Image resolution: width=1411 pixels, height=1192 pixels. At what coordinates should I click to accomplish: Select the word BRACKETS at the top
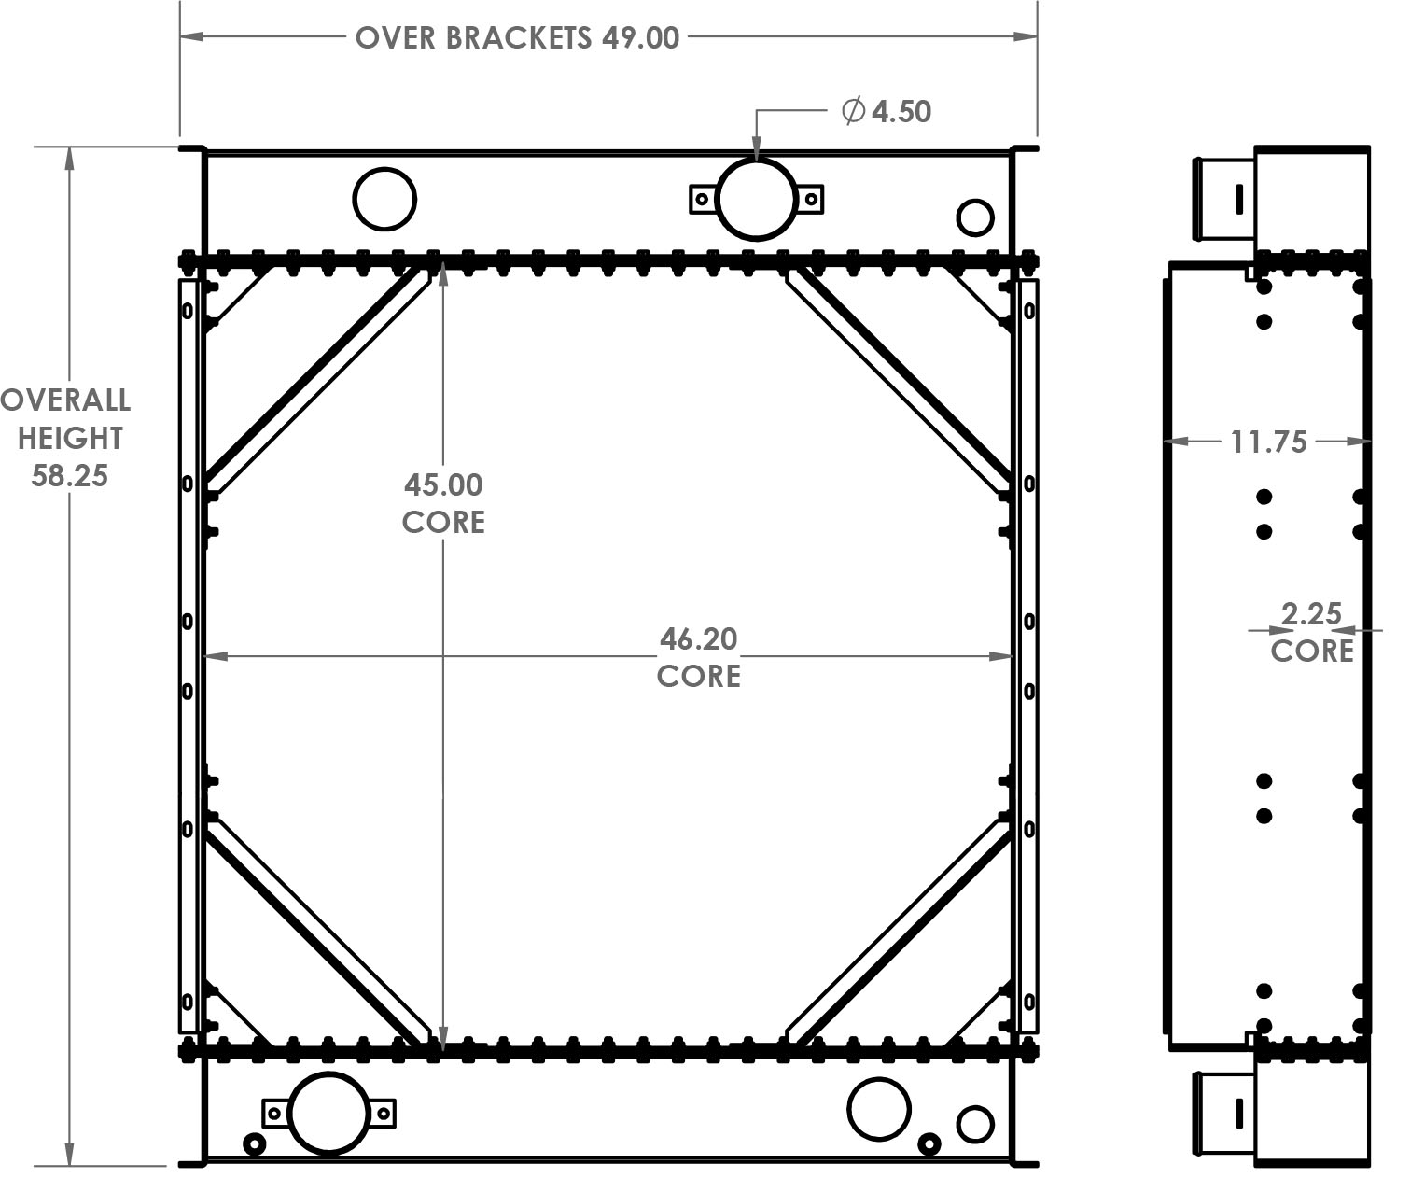(x=518, y=38)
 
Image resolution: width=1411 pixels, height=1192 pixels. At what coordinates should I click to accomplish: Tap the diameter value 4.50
(x=901, y=112)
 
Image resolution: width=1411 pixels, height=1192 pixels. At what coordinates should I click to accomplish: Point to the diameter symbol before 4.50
(x=853, y=111)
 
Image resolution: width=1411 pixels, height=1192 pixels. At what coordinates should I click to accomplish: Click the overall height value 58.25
(x=70, y=476)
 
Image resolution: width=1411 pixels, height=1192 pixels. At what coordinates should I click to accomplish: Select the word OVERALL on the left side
(x=65, y=400)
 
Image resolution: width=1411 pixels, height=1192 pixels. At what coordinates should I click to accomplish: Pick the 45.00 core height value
(x=443, y=485)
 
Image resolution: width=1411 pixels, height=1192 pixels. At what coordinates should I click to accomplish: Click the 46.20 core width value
(x=698, y=639)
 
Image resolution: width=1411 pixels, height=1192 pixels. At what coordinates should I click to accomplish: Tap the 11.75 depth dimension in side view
(x=1268, y=442)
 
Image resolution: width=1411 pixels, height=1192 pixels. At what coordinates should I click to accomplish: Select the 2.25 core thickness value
(x=1311, y=614)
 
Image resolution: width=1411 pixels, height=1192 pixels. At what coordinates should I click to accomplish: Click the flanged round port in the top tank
(x=756, y=199)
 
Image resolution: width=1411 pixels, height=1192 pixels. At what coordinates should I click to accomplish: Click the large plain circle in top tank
(x=384, y=199)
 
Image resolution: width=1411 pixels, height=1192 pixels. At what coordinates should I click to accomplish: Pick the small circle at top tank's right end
(x=975, y=217)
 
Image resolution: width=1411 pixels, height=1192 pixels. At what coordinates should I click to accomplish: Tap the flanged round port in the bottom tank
(x=328, y=1113)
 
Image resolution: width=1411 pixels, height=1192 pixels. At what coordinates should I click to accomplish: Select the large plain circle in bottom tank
(x=879, y=1109)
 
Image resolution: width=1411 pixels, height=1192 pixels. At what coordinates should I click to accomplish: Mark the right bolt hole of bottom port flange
(x=383, y=1113)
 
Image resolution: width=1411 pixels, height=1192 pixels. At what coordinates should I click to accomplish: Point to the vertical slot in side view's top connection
(x=1239, y=199)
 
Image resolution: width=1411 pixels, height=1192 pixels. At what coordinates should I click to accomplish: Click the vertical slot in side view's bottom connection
(x=1239, y=1113)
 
